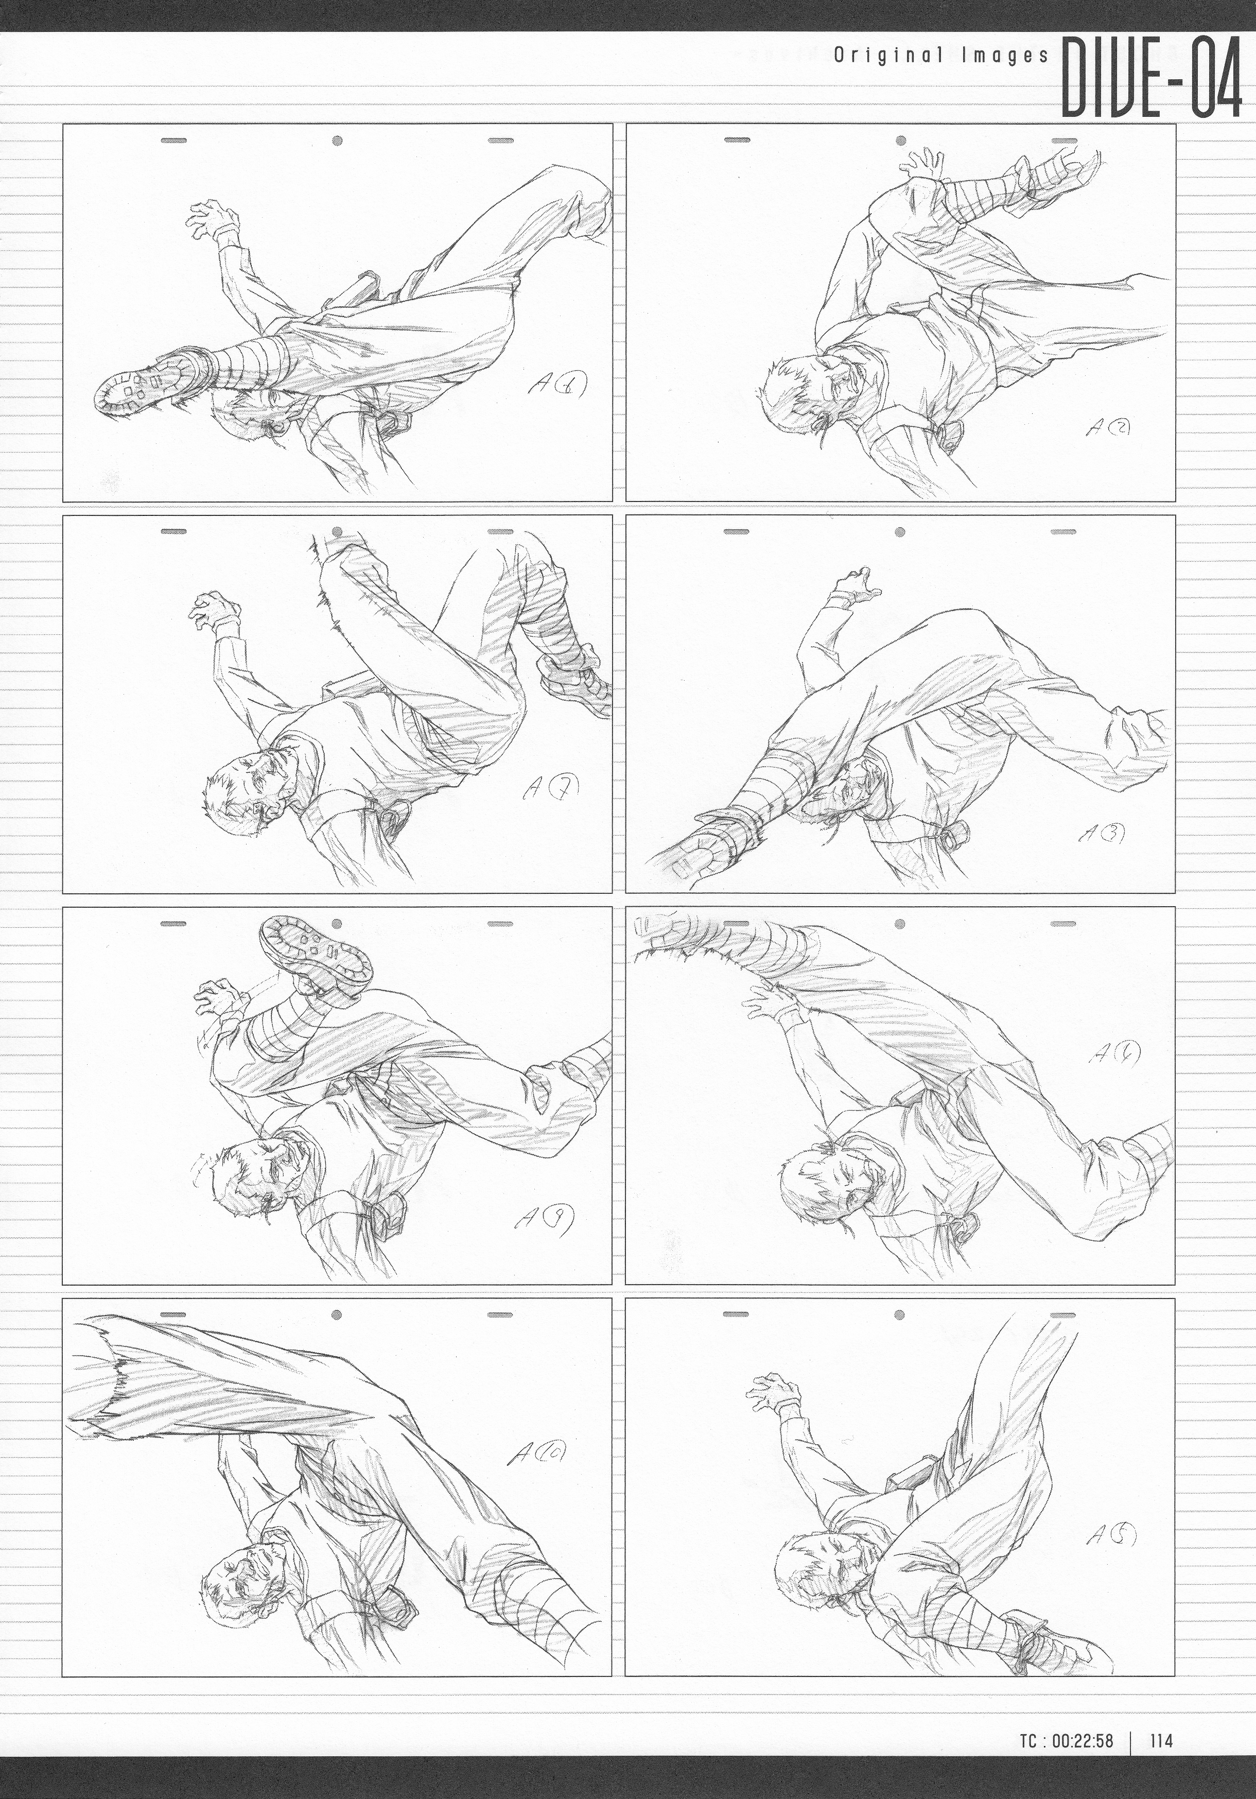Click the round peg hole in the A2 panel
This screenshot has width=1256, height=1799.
coord(900,141)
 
